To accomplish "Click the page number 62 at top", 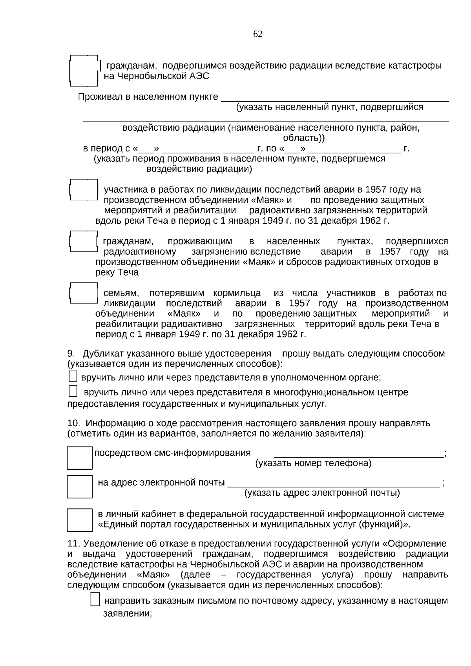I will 258,34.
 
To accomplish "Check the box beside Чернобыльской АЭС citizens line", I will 84,71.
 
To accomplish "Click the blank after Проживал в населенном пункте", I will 335,97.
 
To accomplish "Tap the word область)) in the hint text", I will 304,138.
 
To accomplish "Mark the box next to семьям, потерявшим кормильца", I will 84,293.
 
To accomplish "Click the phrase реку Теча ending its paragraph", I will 117,272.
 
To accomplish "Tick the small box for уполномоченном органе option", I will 73,377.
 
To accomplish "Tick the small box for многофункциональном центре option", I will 73,391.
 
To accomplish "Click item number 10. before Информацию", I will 74,423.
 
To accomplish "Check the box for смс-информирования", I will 80,458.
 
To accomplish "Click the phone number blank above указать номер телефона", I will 358,454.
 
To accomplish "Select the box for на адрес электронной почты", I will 80,487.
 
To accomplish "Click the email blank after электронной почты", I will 333,483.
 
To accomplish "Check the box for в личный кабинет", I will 80,520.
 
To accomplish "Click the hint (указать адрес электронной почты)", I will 322,493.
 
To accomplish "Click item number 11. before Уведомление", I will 74,544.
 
